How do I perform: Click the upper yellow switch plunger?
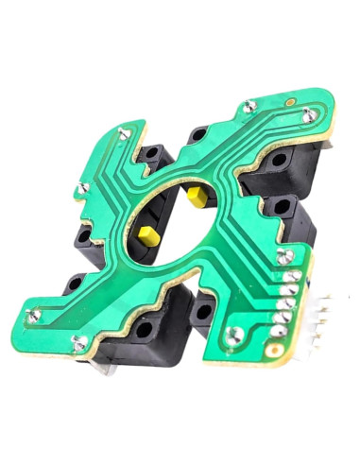click(x=197, y=197)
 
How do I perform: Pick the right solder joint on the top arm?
click(x=310, y=115)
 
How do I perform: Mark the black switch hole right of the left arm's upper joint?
click(x=151, y=151)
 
